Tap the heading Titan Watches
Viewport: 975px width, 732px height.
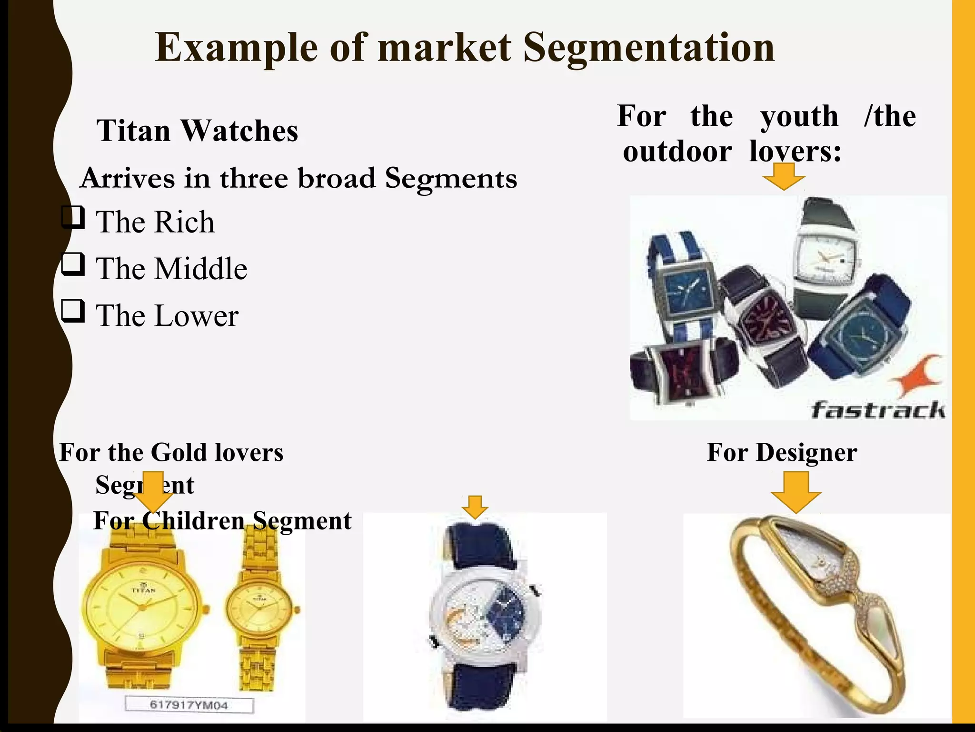(x=197, y=131)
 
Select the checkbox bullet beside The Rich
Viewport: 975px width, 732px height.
(x=73, y=218)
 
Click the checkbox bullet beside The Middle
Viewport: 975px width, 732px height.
(x=73, y=264)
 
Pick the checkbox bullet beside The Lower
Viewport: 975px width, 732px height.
(x=73, y=311)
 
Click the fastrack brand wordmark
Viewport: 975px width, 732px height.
(x=878, y=410)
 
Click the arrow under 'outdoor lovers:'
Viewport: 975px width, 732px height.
(x=784, y=176)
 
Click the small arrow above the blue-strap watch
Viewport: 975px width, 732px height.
(x=475, y=507)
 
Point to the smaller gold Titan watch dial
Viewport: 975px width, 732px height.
(x=259, y=610)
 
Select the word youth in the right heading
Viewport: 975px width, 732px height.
(x=799, y=116)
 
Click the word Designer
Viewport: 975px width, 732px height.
(x=806, y=452)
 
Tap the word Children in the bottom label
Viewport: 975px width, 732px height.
(x=193, y=520)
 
